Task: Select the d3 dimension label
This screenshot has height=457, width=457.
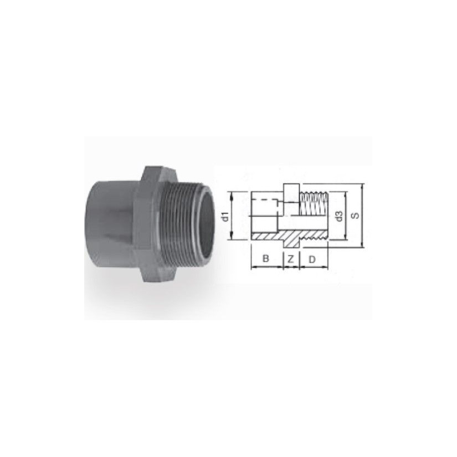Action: click(x=339, y=216)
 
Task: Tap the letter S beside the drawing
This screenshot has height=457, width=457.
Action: click(x=355, y=215)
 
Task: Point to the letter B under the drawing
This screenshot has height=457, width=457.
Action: click(x=266, y=258)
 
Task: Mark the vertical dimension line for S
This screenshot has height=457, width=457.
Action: click(x=362, y=216)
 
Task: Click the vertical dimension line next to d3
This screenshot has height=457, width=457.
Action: click(x=347, y=216)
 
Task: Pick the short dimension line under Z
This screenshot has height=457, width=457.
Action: click(x=291, y=267)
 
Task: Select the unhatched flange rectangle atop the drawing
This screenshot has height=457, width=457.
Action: click(x=291, y=191)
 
